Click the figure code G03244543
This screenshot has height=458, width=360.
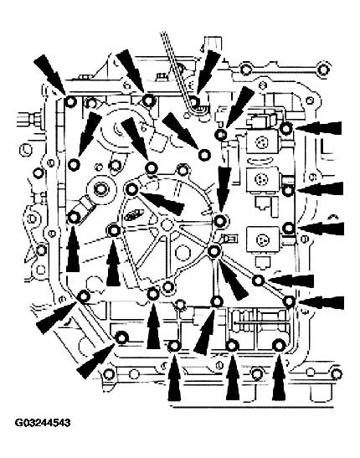coord(43,423)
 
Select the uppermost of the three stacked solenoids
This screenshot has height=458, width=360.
coord(261,142)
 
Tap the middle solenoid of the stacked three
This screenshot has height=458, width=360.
coord(262,180)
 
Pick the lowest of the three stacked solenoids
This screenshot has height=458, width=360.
coord(262,239)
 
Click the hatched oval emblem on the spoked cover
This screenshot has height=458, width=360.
coord(133,215)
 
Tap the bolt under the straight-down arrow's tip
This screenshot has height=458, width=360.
coord(220,221)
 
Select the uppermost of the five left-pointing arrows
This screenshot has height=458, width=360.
coord(318,128)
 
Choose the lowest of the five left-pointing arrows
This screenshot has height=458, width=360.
coord(321,302)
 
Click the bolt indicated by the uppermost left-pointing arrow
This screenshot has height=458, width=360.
coord(285,127)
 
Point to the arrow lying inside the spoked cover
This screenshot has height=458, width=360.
coord(162,202)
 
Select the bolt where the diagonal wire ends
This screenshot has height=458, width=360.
coord(194,101)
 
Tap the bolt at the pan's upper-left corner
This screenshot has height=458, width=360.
coord(70,102)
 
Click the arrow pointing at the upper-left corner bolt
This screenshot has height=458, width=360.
coord(50,75)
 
